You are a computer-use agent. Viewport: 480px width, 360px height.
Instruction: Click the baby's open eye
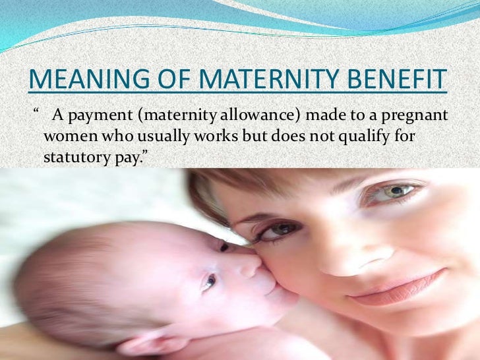pos(208,282)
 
